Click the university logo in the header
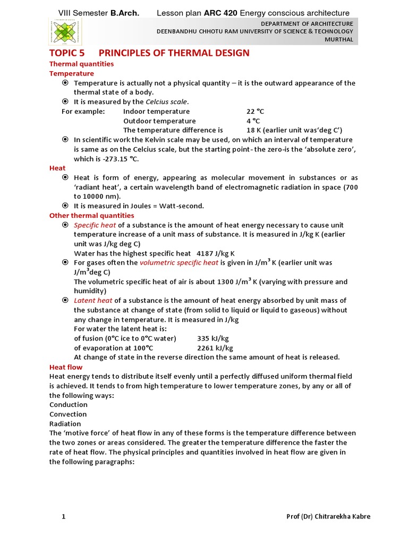[65, 32]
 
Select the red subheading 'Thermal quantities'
[81, 64]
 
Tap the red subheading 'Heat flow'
[66, 367]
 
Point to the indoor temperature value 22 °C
[255, 112]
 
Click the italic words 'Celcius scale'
[167, 101]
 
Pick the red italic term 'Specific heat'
[95, 225]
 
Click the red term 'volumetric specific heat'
[179, 262]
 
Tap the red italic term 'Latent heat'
[93, 301]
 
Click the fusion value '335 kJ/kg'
[212, 338]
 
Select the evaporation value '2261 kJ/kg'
[215, 348]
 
